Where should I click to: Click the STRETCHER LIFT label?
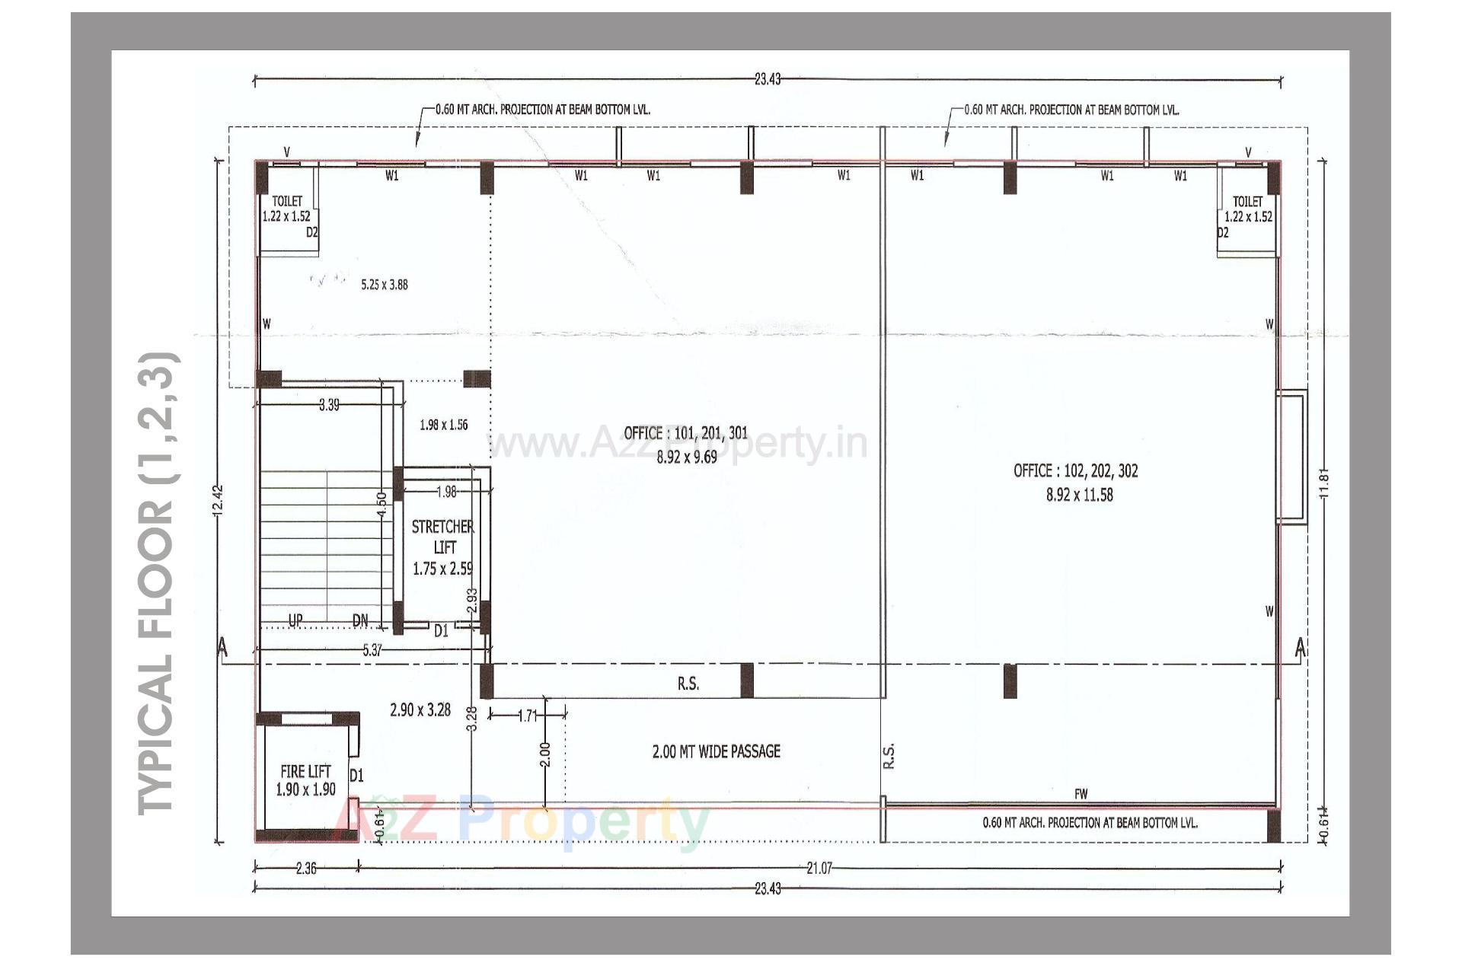tap(442, 537)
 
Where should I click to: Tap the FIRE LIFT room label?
tap(305, 771)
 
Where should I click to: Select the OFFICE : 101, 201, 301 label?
tap(686, 433)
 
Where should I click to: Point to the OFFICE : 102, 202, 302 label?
tap(1075, 470)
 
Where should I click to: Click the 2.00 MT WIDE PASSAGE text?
tap(716, 751)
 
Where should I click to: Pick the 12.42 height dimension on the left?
tap(219, 502)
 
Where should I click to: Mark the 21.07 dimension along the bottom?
tap(819, 867)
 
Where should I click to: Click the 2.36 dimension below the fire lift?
tap(305, 868)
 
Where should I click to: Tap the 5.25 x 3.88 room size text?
tap(384, 285)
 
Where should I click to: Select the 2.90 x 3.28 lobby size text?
tap(420, 710)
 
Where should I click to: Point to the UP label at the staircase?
tap(295, 620)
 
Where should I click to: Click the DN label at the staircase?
tap(360, 621)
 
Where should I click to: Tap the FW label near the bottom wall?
tap(1081, 794)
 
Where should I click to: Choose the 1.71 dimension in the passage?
tap(527, 716)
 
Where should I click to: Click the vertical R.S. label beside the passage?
tap(889, 755)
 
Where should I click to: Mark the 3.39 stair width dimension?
tap(329, 405)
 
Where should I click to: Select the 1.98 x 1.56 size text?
tap(443, 425)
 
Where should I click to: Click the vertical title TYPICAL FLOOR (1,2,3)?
tap(158, 582)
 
